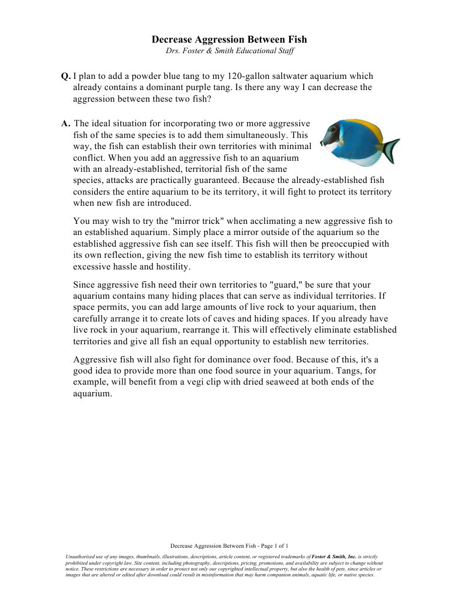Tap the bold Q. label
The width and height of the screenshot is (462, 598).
click(x=66, y=76)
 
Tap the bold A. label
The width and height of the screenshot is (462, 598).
click(x=66, y=123)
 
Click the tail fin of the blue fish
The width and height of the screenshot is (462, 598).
click(x=390, y=150)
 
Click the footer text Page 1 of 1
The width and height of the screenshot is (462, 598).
click(x=273, y=545)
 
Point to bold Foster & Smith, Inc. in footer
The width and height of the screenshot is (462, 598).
click(x=334, y=557)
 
